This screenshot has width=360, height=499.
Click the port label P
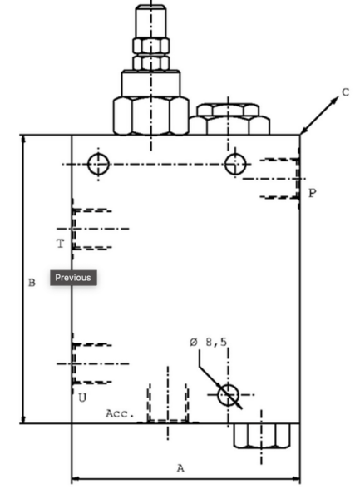click(x=313, y=193)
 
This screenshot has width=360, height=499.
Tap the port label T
click(x=60, y=244)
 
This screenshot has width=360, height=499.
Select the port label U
click(x=82, y=398)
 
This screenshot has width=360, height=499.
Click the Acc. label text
click(x=120, y=413)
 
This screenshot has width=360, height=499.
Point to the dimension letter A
click(x=180, y=468)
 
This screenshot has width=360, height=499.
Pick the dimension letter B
click(x=32, y=283)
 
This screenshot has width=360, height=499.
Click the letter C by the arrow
click(x=345, y=92)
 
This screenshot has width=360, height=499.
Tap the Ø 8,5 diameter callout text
click(x=209, y=343)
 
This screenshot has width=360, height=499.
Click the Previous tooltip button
click(x=73, y=278)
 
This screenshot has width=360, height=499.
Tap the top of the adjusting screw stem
click(x=150, y=7)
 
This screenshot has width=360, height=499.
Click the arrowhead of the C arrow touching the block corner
click(x=301, y=133)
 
